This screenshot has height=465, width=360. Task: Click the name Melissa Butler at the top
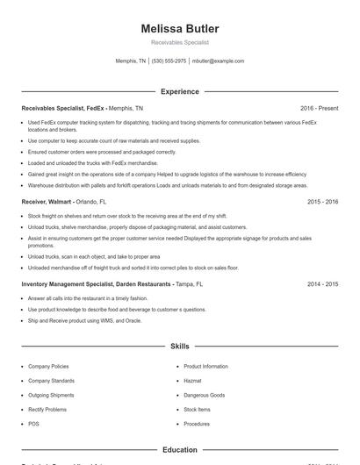click(179, 28)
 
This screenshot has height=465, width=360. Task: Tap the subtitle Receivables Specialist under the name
click(179, 42)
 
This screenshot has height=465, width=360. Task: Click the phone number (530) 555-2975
click(169, 61)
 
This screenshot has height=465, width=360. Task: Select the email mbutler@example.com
click(218, 61)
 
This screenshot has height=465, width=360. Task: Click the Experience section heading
click(179, 91)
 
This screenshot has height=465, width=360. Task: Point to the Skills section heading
click(179, 347)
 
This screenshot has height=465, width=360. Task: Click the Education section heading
click(179, 450)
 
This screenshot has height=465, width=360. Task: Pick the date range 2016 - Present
click(319, 108)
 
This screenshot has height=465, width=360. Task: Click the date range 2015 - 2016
click(323, 201)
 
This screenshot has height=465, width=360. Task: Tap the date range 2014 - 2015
click(323, 284)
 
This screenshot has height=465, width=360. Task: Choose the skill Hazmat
click(193, 381)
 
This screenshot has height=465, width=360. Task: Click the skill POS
click(33, 424)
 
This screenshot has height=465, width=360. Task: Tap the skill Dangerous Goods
click(205, 395)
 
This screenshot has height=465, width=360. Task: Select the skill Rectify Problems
click(47, 410)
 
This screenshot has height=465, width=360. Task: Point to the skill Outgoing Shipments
click(52, 395)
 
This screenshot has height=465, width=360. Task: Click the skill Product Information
click(205, 366)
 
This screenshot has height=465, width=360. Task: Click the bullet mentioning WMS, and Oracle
click(84, 319)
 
